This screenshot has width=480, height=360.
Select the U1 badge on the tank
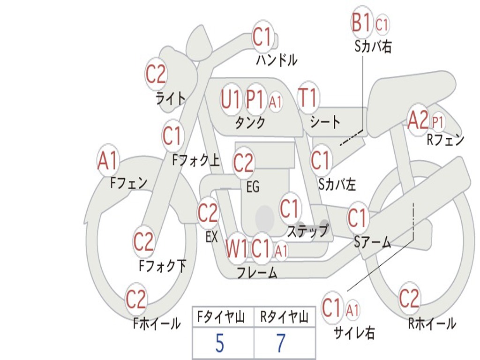(x=231, y=99)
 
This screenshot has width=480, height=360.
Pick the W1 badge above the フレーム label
(x=236, y=248)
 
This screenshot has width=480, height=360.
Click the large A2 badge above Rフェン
(x=418, y=121)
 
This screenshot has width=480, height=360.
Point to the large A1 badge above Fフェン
(x=108, y=161)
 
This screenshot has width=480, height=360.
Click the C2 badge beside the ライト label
(x=156, y=74)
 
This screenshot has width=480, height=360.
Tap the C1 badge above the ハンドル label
(x=262, y=37)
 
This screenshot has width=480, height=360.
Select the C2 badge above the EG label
(x=243, y=163)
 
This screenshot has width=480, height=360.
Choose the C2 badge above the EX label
(x=208, y=213)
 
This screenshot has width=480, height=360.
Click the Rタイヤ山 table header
(x=284, y=318)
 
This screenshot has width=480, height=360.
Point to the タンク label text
(x=250, y=123)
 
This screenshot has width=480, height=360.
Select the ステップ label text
(x=307, y=231)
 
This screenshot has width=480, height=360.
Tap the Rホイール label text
(x=431, y=323)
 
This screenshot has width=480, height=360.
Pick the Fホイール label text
(x=157, y=323)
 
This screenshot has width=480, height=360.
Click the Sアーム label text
(x=372, y=242)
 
